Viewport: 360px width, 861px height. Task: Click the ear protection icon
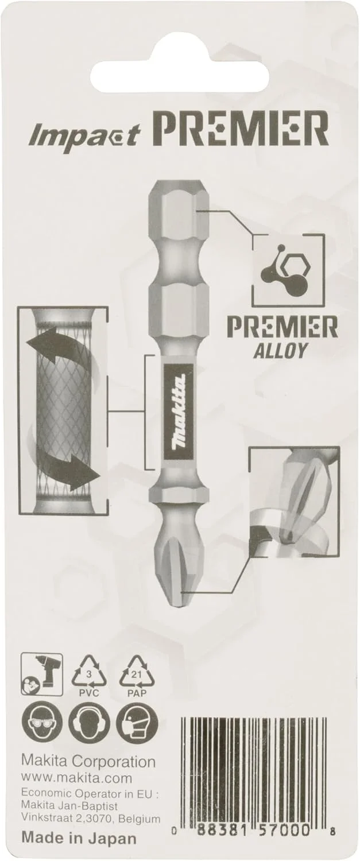click(89, 722)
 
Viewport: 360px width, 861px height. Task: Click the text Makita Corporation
click(88, 762)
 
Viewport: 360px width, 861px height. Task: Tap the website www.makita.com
click(76, 778)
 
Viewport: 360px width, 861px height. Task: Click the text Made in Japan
click(79, 838)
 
